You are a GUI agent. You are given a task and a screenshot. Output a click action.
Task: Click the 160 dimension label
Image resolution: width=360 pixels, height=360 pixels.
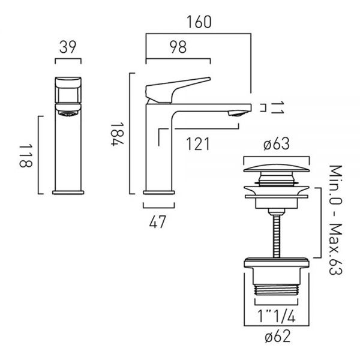tap(199, 22)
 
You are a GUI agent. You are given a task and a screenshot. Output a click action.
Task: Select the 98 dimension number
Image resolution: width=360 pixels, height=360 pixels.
tap(178, 47)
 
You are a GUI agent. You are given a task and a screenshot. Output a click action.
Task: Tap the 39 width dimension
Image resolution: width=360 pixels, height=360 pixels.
tap(67, 47)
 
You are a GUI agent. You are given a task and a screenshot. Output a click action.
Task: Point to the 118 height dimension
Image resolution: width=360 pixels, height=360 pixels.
tap(26, 155)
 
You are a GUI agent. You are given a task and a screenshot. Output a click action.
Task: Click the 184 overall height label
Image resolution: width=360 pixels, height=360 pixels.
tap(118, 134)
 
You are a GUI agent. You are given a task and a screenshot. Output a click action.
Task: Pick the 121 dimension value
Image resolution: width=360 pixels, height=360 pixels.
tap(197, 144)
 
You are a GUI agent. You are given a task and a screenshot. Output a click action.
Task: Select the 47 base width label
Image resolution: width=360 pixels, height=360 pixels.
tap(157, 222)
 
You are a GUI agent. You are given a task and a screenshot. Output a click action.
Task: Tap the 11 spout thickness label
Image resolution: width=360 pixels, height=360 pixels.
tap(277, 108)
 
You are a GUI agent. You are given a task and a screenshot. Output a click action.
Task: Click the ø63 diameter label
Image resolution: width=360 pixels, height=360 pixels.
tap(277, 144)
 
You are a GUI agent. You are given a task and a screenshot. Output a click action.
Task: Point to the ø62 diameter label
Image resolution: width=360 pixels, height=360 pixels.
tap(278, 336)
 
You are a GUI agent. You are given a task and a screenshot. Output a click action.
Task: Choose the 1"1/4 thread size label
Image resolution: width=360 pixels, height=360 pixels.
tap(276, 316)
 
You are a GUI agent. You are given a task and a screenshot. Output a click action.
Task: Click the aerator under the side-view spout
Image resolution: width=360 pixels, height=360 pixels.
tap(238, 113)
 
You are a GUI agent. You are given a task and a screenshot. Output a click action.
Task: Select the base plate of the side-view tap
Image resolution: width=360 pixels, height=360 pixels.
tap(159, 193)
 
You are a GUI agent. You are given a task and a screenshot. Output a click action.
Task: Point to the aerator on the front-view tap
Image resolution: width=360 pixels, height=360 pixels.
tap(68, 113)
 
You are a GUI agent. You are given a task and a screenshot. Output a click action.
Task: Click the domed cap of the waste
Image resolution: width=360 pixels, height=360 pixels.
tap(277, 168)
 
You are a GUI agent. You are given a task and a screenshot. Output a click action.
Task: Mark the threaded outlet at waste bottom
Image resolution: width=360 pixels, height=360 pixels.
tap(277, 290)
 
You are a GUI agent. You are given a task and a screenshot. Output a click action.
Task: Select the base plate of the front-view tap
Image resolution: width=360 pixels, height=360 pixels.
tap(68, 193)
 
